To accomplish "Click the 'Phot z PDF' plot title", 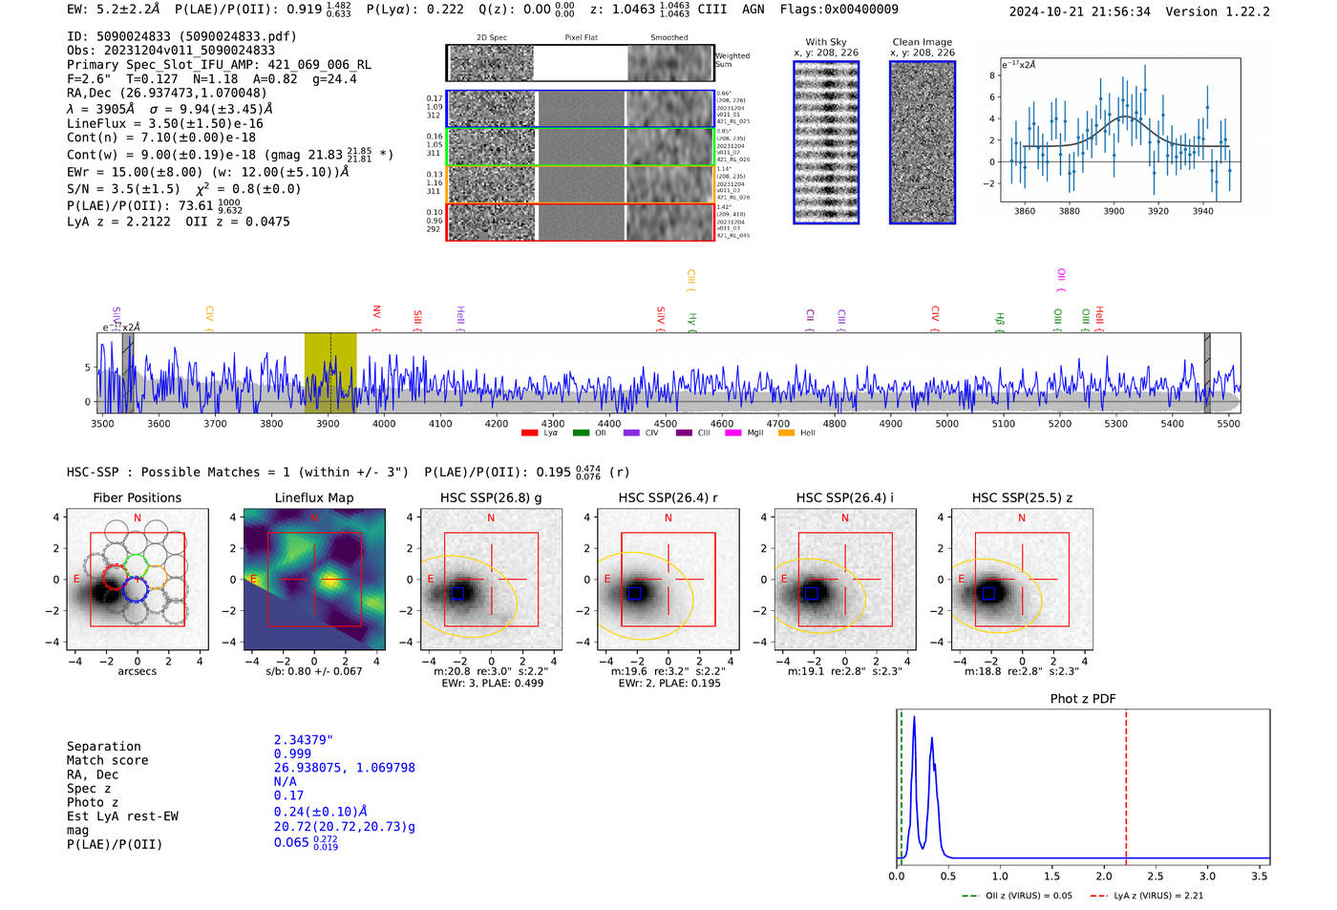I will (1083, 699).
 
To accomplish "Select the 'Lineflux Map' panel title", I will (314, 497).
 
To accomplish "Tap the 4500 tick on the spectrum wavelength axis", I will (666, 424).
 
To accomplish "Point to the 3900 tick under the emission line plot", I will (1114, 211).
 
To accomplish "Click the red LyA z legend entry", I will (1146, 896).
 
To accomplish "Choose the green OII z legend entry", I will (1016, 896).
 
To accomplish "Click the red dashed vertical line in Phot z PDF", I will (1126, 783).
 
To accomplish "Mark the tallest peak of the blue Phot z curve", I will (914, 718).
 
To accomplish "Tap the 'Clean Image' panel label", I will (922, 42).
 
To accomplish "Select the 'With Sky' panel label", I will (826, 42).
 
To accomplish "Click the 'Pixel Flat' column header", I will (581, 38).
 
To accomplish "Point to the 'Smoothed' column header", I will (668, 38).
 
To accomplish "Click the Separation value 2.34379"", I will (304, 740).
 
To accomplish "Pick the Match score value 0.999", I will (292, 753).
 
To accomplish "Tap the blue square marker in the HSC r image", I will (635, 593).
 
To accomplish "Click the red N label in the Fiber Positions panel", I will (138, 518).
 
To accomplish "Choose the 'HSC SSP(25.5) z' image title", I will (1022, 497).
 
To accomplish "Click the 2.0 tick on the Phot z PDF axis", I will (1104, 876).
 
